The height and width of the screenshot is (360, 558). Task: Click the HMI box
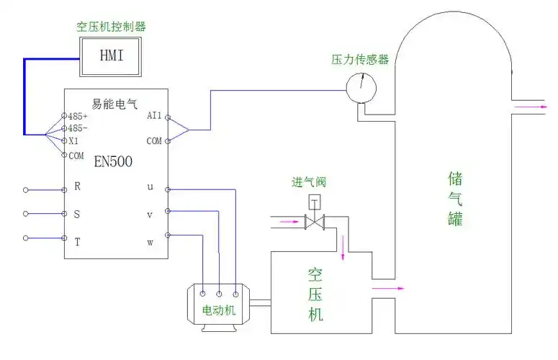tap(112, 55)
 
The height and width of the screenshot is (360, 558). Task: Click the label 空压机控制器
tap(111, 27)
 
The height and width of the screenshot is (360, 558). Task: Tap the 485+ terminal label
tap(78, 116)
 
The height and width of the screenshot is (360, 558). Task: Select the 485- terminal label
tap(77, 128)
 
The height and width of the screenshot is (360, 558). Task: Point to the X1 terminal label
tap(73, 141)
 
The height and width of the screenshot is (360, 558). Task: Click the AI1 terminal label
tap(154, 115)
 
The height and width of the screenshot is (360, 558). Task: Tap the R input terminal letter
tap(77, 186)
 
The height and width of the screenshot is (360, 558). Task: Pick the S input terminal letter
tap(77, 214)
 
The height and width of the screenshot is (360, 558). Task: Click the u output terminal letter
tap(150, 186)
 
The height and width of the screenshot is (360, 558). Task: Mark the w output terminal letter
tap(150, 242)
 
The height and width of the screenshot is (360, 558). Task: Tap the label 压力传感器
tap(361, 60)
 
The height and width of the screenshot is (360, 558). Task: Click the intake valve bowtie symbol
tap(315, 222)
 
